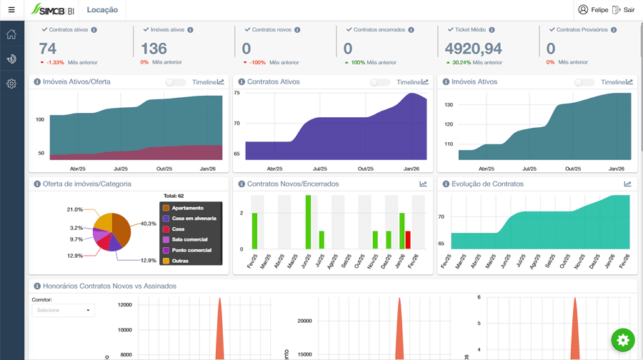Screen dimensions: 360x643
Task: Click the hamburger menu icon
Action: (x=11, y=10)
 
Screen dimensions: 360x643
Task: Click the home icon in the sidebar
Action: (x=11, y=34)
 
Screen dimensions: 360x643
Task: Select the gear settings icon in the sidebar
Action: (x=11, y=84)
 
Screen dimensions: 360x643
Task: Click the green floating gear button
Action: (x=623, y=340)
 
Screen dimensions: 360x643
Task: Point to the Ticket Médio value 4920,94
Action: (x=473, y=49)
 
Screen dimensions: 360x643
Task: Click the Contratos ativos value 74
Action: (x=48, y=49)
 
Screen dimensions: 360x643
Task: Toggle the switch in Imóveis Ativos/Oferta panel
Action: (x=175, y=82)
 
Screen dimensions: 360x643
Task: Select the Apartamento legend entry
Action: (x=187, y=208)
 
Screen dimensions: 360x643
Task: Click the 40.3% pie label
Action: (x=148, y=224)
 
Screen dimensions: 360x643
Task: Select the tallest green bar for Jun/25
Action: (x=308, y=222)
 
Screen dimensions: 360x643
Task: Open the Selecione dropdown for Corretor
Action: (x=63, y=311)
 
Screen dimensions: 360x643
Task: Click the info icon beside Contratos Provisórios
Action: (x=614, y=30)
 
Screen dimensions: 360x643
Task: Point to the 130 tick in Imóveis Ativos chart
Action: (x=448, y=105)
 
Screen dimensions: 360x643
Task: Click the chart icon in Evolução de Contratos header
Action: (x=627, y=184)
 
